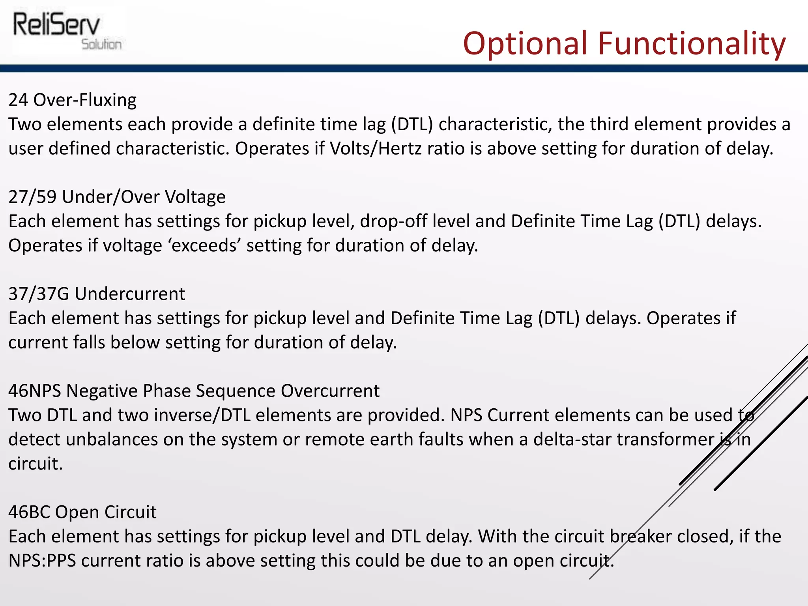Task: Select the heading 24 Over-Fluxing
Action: [x=73, y=100]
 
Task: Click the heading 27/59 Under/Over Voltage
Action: [x=117, y=197]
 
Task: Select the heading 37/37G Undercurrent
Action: [x=97, y=294]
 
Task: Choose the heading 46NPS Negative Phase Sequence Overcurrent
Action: [x=194, y=391]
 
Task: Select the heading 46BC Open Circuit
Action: [x=82, y=512]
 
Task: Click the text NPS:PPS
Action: [x=42, y=561]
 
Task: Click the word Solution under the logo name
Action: [x=101, y=44]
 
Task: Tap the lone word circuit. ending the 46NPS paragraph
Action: [x=36, y=464]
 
